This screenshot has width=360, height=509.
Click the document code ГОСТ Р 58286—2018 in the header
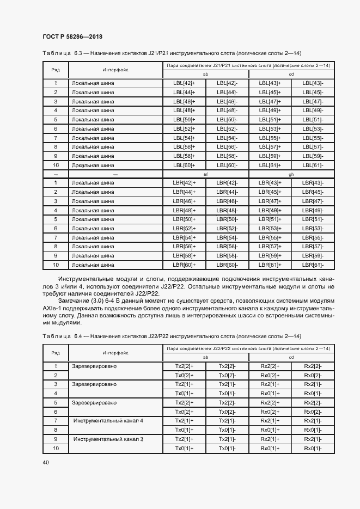[72, 37]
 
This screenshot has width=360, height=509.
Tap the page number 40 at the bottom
[46, 462]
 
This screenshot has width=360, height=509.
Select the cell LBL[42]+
[184, 83]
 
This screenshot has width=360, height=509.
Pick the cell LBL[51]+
[270, 120]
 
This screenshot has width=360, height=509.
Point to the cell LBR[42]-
[227, 183]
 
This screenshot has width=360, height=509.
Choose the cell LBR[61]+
[270, 265]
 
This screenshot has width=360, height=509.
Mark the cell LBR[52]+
[184, 229]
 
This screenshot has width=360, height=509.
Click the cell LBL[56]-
[227, 147]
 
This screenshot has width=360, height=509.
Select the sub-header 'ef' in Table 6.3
[205, 174]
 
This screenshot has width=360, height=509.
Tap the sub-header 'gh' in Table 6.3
[291, 174]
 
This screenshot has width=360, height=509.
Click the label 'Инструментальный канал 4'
[108, 421]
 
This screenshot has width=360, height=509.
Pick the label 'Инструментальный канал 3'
[108, 439]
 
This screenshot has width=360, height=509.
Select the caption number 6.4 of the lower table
[77, 336]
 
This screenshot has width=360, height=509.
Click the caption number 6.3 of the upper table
[77, 53]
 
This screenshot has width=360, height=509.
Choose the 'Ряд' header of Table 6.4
[55, 353]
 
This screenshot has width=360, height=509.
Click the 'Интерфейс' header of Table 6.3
[115, 70]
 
